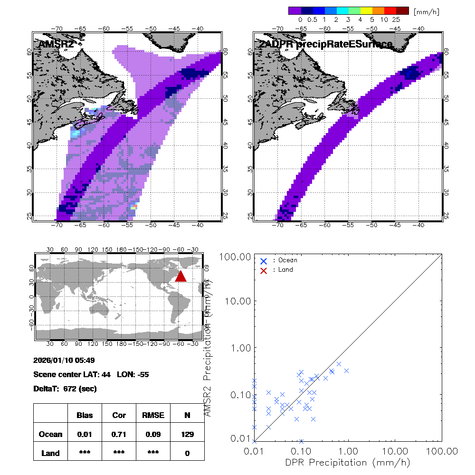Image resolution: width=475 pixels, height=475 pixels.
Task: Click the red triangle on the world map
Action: click(180, 276)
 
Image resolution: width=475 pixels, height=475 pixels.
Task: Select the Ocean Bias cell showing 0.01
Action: click(85, 434)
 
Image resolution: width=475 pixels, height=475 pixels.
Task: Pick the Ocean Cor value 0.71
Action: click(119, 434)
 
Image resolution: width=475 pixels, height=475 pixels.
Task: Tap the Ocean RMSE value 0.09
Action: click(153, 434)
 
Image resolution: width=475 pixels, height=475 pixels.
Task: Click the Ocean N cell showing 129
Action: click(187, 434)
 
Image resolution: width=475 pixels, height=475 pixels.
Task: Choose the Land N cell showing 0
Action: click(187, 453)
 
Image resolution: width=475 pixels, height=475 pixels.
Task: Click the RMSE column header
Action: click(153, 415)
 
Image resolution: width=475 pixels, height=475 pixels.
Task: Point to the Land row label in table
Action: click(50, 453)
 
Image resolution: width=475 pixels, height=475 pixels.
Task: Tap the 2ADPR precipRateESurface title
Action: click(325, 44)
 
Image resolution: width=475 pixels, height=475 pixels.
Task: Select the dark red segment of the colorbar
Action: click(403, 10)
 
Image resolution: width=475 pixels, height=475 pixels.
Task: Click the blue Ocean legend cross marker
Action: click(264, 260)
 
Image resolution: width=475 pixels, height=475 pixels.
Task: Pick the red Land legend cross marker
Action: click(264, 270)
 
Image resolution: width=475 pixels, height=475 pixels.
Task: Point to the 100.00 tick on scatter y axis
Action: click(233, 256)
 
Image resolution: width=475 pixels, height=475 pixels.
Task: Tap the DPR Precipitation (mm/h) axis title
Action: click(348, 462)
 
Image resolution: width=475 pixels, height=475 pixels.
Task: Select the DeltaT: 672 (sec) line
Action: click(65, 389)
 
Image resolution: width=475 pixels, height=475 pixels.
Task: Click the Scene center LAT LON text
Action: click(91, 374)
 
